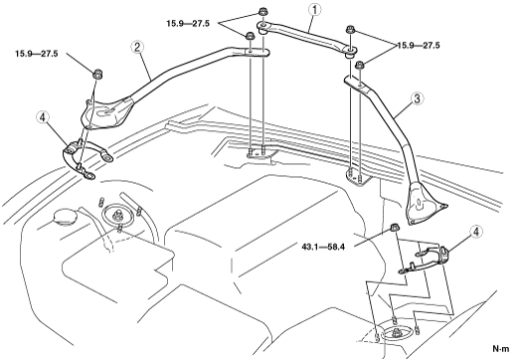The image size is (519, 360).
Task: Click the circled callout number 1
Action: click(x=314, y=10)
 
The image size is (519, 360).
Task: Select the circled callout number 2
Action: click(x=137, y=48)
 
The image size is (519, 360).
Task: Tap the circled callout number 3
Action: click(x=417, y=98)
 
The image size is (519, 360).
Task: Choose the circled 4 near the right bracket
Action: click(x=476, y=232)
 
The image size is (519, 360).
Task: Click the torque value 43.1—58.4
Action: click(x=323, y=247)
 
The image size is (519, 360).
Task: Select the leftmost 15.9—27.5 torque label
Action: click(x=37, y=54)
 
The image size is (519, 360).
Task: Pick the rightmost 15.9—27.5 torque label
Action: click(x=419, y=46)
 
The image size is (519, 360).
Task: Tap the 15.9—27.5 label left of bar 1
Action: click(x=188, y=24)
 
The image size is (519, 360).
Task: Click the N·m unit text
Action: click(x=500, y=349)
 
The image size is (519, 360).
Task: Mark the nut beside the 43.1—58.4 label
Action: click(x=394, y=228)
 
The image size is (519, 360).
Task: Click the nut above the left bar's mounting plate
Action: click(x=97, y=74)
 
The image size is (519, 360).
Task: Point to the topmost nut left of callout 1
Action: click(x=262, y=14)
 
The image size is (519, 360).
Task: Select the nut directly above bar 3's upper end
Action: click(x=360, y=65)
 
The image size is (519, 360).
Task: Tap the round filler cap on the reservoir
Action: click(x=65, y=217)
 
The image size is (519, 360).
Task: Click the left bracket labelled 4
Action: click(x=86, y=156)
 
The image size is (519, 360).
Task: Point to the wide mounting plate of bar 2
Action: click(x=106, y=112)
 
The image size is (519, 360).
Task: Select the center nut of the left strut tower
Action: click(x=117, y=216)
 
